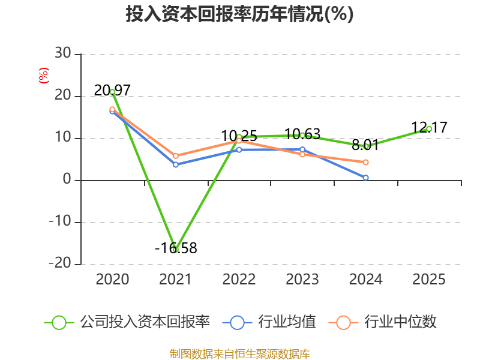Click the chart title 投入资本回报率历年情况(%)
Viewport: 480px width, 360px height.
[x=239, y=14]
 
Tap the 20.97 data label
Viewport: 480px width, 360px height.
[x=112, y=91]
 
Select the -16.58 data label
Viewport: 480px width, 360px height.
[x=176, y=248]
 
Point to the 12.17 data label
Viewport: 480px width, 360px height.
[x=429, y=127]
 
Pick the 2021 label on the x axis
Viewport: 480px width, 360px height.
[x=175, y=279]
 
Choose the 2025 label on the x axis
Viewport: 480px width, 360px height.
[x=429, y=279]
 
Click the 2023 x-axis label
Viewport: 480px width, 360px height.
[x=302, y=279]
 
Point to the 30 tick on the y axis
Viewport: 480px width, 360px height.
[x=63, y=54]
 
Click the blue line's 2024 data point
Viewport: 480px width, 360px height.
[x=365, y=178]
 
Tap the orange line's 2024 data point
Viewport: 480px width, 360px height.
[x=365, y=162]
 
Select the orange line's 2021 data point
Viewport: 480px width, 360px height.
[x=176, y=156]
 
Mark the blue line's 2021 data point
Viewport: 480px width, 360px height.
[x=176, y=164]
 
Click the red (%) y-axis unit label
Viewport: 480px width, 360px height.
[x=43, y=76]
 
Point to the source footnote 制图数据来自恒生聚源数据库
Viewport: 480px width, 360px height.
[x=239, y=353]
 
